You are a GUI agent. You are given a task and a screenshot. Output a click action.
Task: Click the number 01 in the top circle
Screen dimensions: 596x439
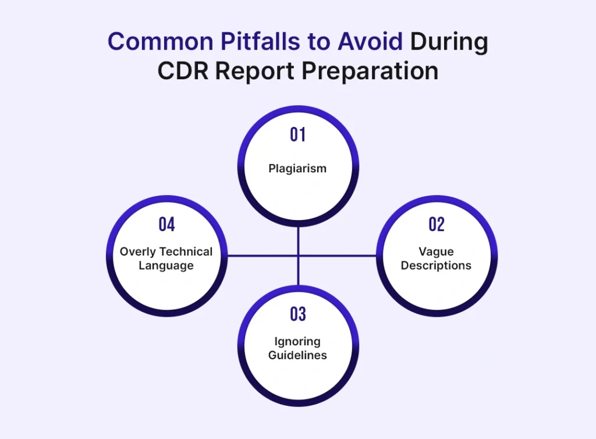[297, 134]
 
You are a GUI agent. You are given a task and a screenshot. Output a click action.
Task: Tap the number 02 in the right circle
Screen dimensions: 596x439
[437, 224]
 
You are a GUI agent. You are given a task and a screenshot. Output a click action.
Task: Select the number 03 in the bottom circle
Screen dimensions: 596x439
[297, 314]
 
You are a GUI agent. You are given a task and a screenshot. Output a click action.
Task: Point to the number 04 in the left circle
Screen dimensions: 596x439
[167, 224]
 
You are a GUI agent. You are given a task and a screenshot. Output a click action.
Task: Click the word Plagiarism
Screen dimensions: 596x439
[297, 168]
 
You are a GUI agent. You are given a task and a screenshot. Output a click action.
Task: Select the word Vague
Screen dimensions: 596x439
[436, 252]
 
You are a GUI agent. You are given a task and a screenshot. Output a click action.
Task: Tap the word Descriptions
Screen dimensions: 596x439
[436, 265]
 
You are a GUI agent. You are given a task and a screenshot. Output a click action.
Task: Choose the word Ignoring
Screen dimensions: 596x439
[297, 342]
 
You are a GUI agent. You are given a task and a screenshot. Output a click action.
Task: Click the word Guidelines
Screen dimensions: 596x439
[297, 355]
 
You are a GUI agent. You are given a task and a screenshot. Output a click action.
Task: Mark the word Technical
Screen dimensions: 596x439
[186, 252]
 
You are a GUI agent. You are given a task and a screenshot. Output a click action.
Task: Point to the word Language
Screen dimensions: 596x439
[166, 265]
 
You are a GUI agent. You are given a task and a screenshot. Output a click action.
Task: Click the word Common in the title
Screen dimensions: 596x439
[161, 41]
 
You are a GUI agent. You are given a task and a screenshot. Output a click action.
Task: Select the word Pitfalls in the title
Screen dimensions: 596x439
[260, 41]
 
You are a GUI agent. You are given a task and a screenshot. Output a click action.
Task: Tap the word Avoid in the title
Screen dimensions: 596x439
[370, 41]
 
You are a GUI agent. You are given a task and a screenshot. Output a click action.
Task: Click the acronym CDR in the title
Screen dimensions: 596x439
[183, 70]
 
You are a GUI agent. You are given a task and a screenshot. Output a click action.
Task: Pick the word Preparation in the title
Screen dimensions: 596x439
[370, 72]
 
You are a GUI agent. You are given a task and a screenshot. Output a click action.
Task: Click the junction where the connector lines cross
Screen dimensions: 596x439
[298, 256]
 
